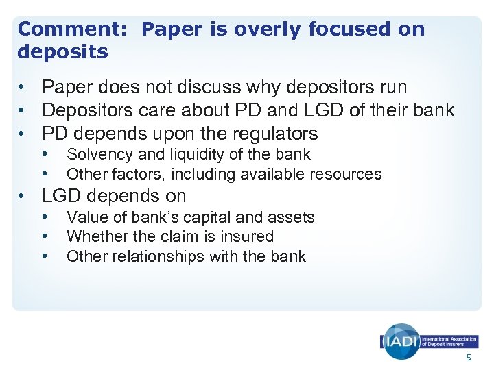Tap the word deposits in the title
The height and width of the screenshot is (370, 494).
pos(63,52)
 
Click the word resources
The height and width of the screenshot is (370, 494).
pos(348,174)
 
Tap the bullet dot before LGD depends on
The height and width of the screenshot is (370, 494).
pos(23,196)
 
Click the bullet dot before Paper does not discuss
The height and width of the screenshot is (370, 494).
pos(23,88)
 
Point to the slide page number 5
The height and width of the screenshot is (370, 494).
pos(469,358)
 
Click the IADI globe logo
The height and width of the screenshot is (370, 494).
pos(401,341)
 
